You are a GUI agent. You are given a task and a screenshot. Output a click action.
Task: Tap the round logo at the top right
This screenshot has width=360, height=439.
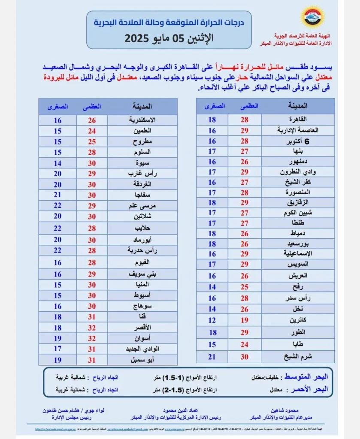pos(310,17)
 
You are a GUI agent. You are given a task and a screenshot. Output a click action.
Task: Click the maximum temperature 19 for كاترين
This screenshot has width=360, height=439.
pos(244,320)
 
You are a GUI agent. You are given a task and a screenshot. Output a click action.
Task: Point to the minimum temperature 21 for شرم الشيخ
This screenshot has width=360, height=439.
pos(212,357)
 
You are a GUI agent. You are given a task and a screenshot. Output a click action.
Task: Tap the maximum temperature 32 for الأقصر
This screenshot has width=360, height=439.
pos(92,328)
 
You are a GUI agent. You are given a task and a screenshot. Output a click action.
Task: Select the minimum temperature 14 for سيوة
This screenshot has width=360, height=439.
pos(57,163)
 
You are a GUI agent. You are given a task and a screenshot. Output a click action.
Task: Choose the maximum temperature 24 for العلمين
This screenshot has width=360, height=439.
pos(92,131)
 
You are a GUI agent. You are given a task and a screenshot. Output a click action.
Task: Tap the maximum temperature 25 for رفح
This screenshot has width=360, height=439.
pos(244,287)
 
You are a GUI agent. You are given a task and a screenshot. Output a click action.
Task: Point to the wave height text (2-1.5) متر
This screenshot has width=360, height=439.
pos(185,390)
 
